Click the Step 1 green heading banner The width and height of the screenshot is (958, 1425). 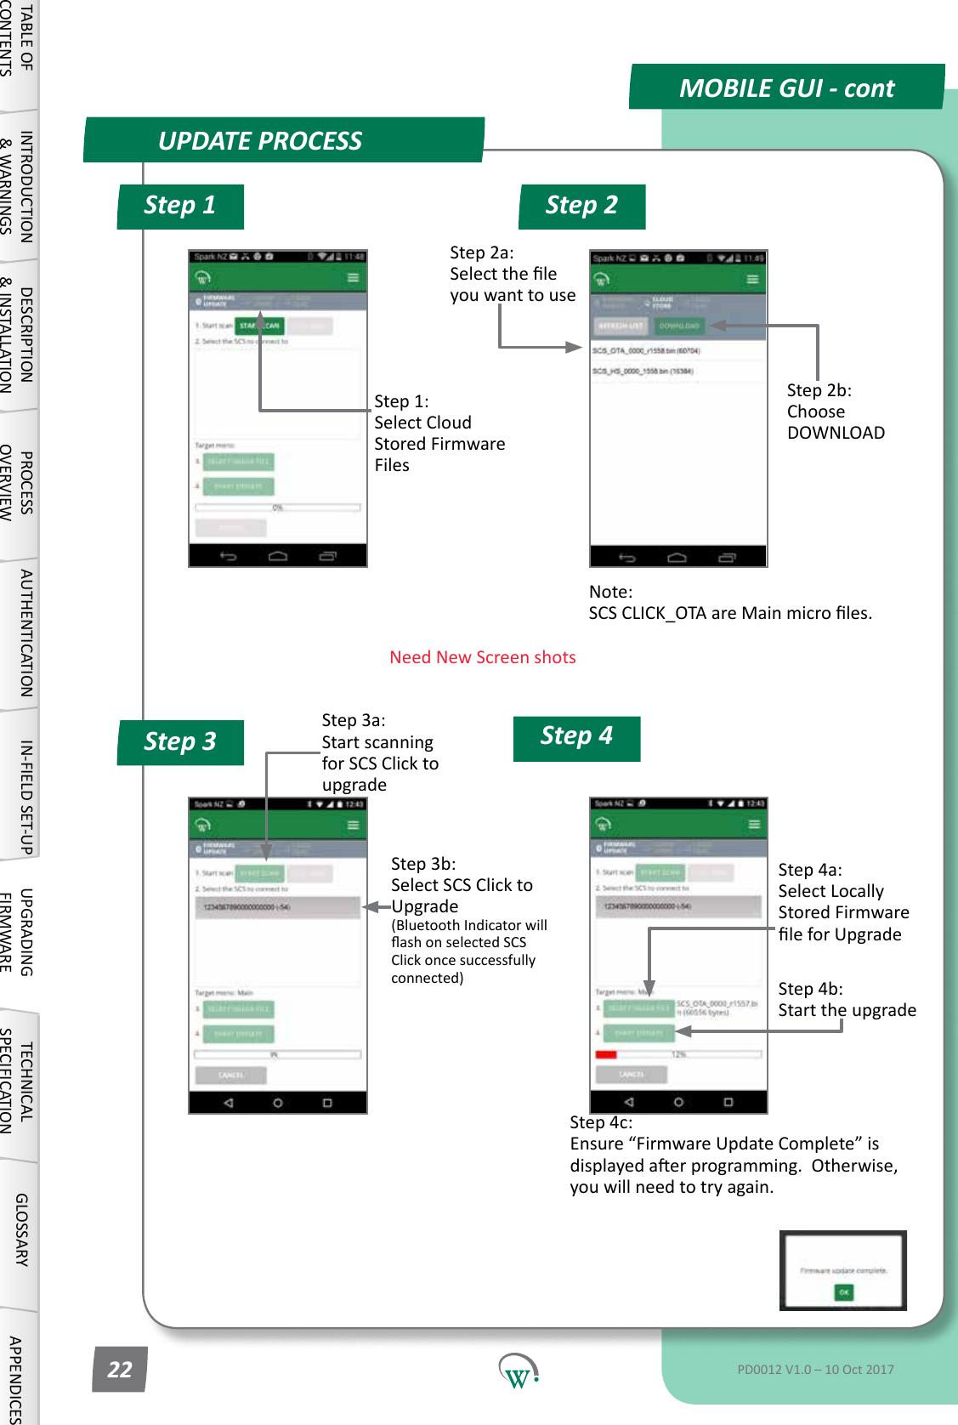[x=180, y=206]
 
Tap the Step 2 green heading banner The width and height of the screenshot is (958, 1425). [x=582, y=206]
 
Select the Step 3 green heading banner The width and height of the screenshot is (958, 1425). [x=180, y=741]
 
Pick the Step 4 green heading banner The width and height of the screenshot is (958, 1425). [x=576, y=736]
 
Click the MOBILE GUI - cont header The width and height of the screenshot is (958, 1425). [x=786, y=88]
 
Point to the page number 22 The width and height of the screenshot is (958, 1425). [x=120, y=1369]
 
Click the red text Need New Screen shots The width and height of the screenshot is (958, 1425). [x=482, y=657]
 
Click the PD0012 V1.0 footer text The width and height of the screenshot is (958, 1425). [x=815, y=1369]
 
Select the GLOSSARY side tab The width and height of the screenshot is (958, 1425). [x=22, y=1229]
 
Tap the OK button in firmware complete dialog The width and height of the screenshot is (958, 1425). [x=843, y=1292]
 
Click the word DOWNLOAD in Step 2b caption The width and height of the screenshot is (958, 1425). [x=836, y=433]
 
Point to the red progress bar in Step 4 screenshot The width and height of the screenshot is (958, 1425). [x=606, y=1054]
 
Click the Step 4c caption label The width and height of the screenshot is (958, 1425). [x=601, y=1122]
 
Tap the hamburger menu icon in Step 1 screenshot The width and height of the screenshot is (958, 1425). [x=353, y=278]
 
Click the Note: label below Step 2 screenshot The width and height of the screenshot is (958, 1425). [x=610, y=592]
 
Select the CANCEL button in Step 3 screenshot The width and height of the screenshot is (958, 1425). [x=230, y=1076]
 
